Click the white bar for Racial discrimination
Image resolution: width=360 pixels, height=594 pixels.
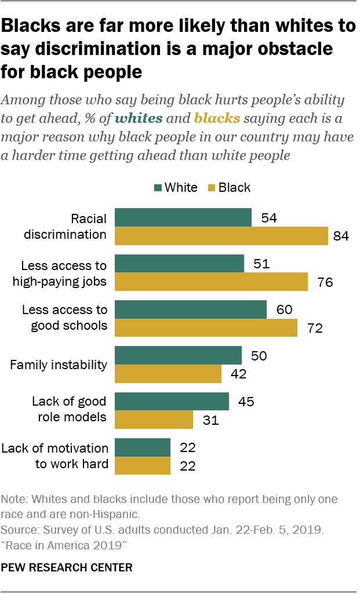[x=183, y=217]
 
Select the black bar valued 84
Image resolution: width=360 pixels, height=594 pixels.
[x=221, y=236]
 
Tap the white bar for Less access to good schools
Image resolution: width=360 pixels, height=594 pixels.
[x=191, y=309]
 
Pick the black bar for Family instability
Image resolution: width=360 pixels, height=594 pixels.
[x=168, y=374]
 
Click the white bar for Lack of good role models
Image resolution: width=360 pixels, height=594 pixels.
[x=172, y=402]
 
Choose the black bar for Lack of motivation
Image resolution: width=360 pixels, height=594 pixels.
[x=143, y=466]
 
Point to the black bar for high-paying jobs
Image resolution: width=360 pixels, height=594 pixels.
[x=211, y=282]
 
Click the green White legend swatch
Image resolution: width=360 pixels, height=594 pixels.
[x=158, y=188]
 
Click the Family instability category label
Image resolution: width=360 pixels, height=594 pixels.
[x=59, y=365]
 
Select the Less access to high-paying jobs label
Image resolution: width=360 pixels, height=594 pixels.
[x=64, y=273]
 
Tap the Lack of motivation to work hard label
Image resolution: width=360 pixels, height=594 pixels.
[x=55, y=457]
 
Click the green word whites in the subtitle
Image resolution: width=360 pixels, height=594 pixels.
[x=138, y=119]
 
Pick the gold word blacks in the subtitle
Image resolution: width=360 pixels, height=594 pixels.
[x=217, y=119]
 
